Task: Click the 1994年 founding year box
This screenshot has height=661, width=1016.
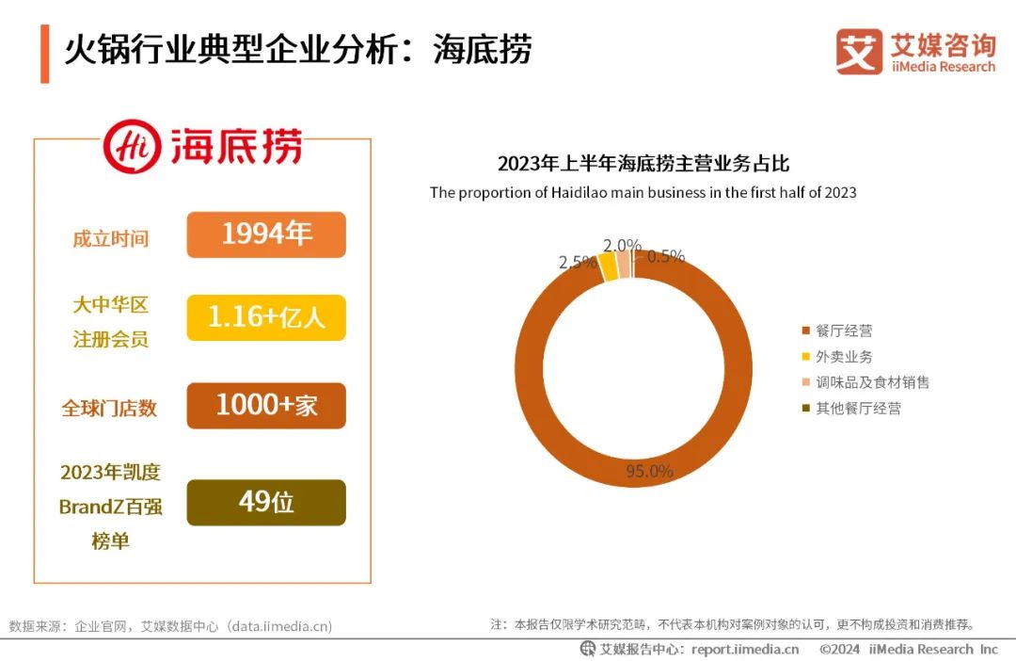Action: click(266, 234)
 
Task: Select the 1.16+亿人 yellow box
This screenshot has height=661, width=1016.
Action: click(266, 317)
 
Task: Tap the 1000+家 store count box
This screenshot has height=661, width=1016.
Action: click(266, 406)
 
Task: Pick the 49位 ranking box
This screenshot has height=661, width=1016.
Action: click(266, 502)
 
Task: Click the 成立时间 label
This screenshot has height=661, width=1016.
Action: click(111, 238)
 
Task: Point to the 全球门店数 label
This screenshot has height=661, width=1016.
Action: click(109, 409)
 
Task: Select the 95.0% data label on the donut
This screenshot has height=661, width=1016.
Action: click(650, 471)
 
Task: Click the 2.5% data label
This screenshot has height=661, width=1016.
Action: click(578, 263)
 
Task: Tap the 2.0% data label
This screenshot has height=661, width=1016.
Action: click(622, 246)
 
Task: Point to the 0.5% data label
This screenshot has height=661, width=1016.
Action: click(666, 256)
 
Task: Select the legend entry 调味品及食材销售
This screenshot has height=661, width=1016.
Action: click(871, 382)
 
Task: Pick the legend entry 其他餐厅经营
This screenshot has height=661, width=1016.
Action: click(857, 409)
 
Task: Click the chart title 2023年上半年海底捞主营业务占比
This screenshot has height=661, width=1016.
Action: click(643, 164)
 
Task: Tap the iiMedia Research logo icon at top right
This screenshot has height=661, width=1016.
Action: click(859, 51)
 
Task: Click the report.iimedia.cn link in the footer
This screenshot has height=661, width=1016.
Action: click(744, 649)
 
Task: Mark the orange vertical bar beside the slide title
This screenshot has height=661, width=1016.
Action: click(44, 54)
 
